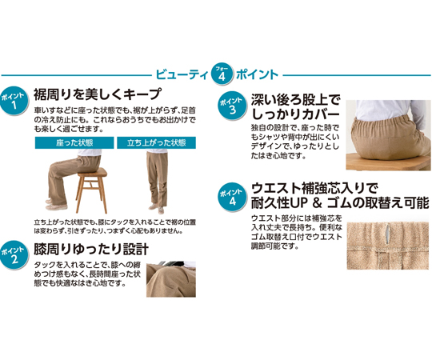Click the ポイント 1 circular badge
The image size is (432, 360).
click(14, 101)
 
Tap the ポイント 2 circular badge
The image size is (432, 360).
click(14, 255)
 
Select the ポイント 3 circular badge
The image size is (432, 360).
click(232, 106)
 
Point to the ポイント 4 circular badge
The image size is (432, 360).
click(232, 197)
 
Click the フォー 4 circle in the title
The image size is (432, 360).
click(222, 74)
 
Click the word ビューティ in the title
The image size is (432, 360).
click(182, 74)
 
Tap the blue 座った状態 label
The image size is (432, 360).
click(74, 142)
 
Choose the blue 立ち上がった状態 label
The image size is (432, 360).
click(157, 142)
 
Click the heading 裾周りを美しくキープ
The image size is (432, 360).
click(97, 94)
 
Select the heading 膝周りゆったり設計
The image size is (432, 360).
click(91, 249)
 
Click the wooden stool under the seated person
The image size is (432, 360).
click(92, 190)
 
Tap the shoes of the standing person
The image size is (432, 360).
click(157, 209)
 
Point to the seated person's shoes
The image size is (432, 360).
click(56, 204)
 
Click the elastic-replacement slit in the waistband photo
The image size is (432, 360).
click(388, 236)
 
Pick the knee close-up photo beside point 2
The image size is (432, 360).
click(171, 279)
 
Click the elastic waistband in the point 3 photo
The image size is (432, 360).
click(384, 122)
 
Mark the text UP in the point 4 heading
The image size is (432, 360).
click(298, 203)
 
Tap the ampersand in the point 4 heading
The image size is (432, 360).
click(318, 203)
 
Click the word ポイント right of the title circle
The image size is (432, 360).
click(257, 74)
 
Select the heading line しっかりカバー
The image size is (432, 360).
click(295, 114)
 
